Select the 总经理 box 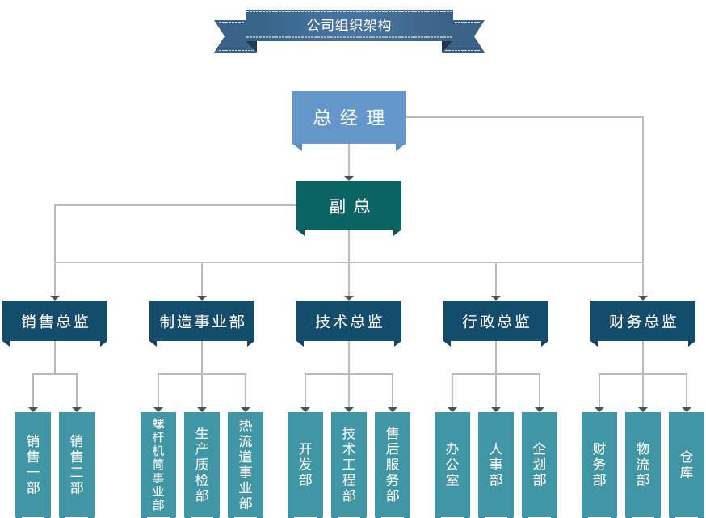348,117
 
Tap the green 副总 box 348,206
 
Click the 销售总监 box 55,322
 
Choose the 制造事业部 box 202,322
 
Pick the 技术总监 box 348,322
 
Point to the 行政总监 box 495,322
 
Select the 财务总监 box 642,322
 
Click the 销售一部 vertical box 33,464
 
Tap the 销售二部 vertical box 77,464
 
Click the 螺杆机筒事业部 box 158,464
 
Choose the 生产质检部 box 202,464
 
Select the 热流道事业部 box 246,464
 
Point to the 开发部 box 305,464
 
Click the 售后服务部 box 392,464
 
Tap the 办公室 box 452,464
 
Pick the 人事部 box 495,464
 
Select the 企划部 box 539,464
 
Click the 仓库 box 686,464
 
